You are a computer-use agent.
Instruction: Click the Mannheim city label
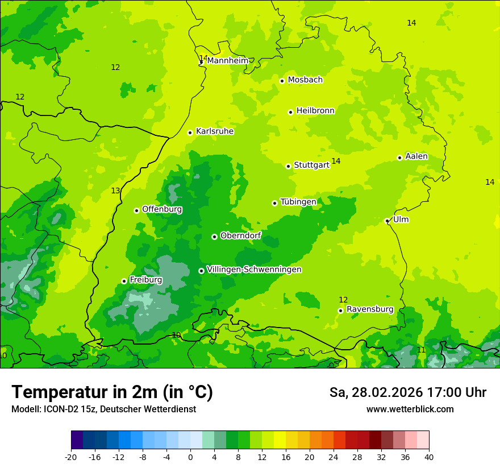coord(228,61)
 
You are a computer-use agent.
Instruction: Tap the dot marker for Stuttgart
coord(289,166)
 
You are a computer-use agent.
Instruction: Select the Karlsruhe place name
coord(215,131)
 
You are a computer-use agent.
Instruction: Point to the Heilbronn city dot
coord(290,112)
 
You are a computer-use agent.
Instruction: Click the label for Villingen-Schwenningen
coord(254,270)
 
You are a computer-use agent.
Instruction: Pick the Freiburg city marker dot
coord(124,281)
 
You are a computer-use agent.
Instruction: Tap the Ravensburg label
coord(370,309)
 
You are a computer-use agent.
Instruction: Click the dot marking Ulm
coord(388,221)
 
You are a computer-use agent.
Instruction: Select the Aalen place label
coord(416,156)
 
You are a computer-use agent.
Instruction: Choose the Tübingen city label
coord(298,202)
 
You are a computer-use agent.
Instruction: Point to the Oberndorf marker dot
coord(214,237)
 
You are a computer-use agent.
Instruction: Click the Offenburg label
coord(162,209)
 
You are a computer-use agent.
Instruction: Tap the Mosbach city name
coord(305,80)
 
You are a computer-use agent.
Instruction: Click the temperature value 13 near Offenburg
coord(115,191)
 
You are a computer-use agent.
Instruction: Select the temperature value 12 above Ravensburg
coord(343,300)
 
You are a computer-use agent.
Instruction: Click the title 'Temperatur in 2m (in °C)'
coord(112,392)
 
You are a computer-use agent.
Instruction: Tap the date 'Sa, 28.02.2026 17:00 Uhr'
coord(407,392)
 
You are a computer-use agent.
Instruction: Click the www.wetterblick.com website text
coord(410,409)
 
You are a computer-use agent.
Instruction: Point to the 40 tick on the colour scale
coord(428,457)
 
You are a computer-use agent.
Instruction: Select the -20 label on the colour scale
coord(71,457)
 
